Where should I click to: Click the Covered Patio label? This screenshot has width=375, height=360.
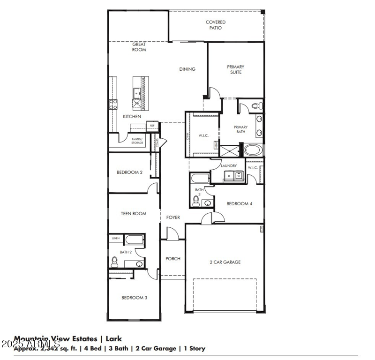click(x=215, y=25)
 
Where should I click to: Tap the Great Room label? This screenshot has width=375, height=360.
click(x=139, y=47)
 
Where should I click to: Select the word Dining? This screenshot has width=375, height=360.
click(x=187, y=69)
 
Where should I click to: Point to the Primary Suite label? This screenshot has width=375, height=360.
click(x=236, y=69)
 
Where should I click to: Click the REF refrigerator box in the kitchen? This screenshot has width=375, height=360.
click(x=152, y=126)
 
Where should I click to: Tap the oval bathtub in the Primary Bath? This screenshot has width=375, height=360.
click(x=253, y=150)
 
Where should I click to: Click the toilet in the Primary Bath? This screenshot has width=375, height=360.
click(x=256, y=106)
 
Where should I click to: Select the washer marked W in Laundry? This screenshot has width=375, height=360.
click(x=239, y=176)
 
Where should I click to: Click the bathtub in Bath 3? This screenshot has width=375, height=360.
click(x=199, y=179)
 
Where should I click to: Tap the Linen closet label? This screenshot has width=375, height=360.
click(x=115, y=239)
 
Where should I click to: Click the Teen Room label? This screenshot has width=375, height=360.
click(x=134, y=214)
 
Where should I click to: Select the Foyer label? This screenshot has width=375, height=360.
click(x=173, y=217)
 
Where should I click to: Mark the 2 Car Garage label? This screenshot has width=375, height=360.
click(x=225, y=262)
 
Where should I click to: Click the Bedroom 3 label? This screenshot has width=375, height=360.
click(x=135, y=298)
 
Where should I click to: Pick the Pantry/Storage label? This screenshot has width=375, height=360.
click(x=137, y=141)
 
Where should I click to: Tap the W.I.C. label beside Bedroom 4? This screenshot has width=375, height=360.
click(x=253, y=167)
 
